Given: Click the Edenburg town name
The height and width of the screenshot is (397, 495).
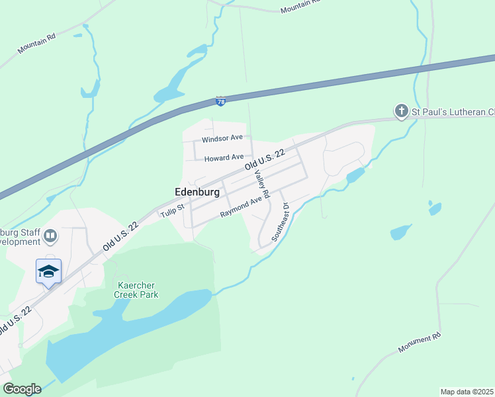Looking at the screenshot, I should click(197, 191).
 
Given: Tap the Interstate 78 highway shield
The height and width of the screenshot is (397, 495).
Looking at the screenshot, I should click(221, 101).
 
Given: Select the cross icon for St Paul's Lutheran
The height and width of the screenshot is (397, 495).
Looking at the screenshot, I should click(401, 112).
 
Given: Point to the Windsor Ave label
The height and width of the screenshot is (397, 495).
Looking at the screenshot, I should click(222, 139).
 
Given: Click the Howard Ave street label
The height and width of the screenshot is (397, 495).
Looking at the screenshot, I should click(224, 158).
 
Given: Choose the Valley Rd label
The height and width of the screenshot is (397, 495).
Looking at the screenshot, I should click(263, 185).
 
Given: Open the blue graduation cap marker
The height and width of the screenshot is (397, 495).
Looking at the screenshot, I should click(48, 271).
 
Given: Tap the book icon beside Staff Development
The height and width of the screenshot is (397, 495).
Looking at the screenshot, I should click(50, 236).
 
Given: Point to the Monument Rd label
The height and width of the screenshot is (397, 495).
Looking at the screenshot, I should click(420, 343).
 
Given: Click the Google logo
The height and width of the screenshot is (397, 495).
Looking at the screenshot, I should click(22, 389).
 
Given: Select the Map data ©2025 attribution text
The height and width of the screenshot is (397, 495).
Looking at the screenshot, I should click(467, 391).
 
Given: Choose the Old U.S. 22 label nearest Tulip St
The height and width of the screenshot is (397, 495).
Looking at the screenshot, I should click(120, 237).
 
